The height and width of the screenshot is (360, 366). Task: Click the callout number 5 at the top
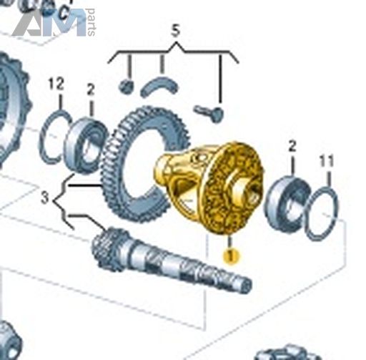coord(175,31)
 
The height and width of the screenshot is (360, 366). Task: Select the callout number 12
coord(56,84)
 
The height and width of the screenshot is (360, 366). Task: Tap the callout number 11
coord(327,162)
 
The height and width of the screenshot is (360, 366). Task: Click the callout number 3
coord(45,198)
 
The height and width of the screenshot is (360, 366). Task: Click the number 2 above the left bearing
coord(91,90)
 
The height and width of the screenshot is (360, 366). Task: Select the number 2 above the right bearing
coord(292,147)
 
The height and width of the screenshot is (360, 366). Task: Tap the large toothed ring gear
coord(145,165)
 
